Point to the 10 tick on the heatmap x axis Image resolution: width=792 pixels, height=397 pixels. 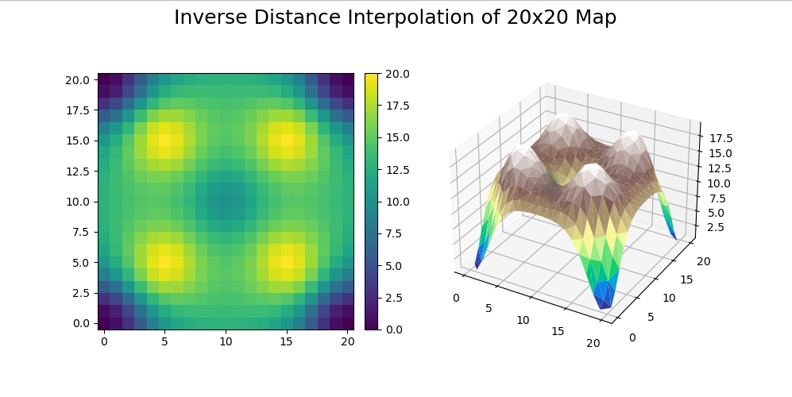point(226,341)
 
